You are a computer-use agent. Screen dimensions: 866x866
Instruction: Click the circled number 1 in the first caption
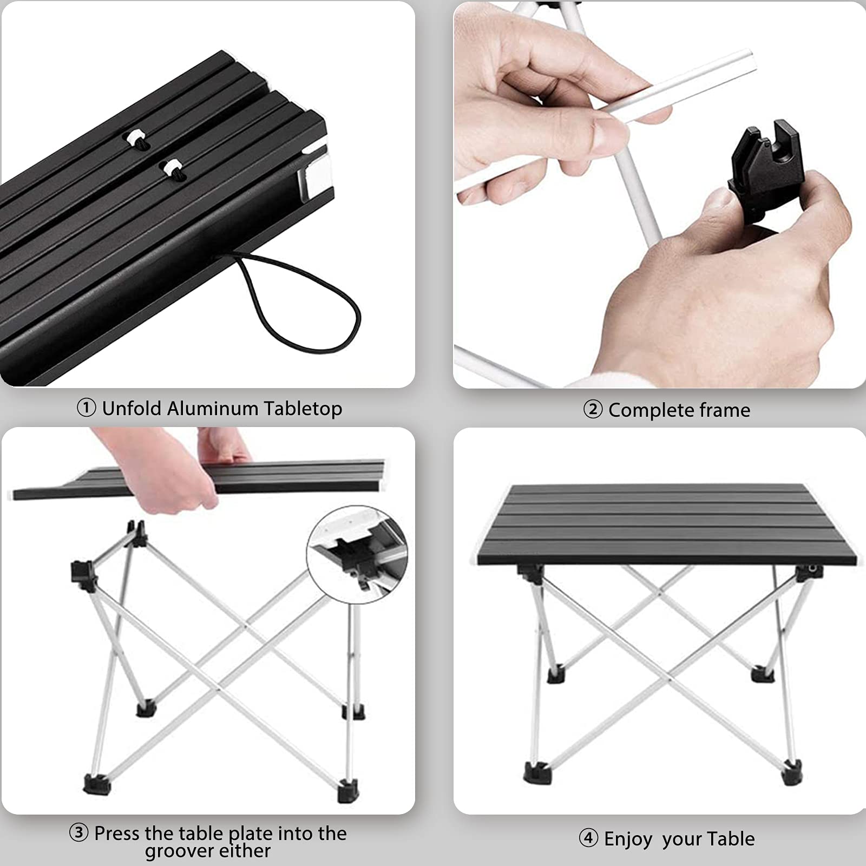[x=86, y=408]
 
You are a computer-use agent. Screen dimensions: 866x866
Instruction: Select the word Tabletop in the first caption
[x=303, y=409]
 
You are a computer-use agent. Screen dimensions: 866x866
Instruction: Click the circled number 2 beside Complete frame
[x=593, y=409]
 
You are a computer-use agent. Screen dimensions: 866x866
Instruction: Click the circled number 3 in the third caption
[x=78, y=832]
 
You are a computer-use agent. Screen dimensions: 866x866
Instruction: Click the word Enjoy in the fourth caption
[x=628, y=839]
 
